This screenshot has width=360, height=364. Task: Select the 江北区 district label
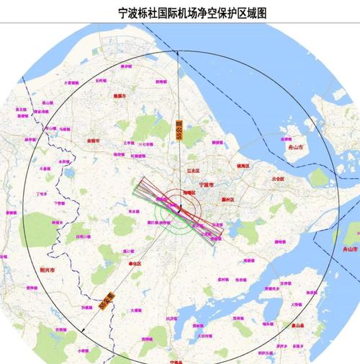[192, 171]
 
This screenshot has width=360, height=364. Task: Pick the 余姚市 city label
[92, 141]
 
